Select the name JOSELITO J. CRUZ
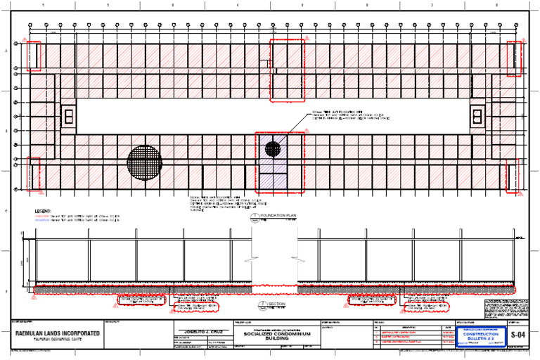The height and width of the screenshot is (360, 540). pyautogui.click(x=201, y=330)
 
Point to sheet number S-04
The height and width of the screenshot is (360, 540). pyautogui.click(x=517, y=335)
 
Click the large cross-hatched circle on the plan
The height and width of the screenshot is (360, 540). pyautogui.click(x=144, y=162)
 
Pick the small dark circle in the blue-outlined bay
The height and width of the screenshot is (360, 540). pyautogui.click(x=272, y=148)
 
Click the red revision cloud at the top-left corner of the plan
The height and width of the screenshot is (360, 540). pyautogui.click(x=33, y=56)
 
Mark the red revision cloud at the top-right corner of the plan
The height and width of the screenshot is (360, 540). pyautogui.click(x=515, y=58)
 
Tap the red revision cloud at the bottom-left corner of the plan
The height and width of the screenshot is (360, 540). pyautogui.click(x=33, y=174)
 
